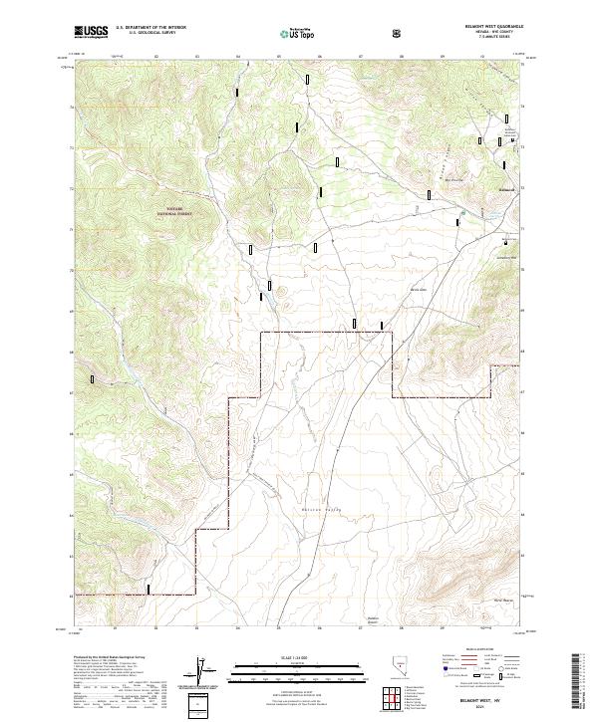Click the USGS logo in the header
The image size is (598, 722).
92,32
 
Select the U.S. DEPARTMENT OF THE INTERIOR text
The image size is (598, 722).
149,29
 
